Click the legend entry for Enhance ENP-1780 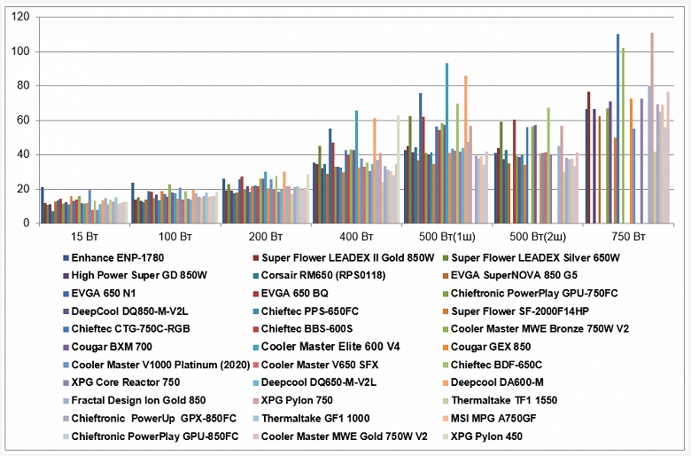click(114, 257)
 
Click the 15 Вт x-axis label click(84, 238)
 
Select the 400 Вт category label click(356, 238)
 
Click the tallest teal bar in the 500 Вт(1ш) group click(446, 143)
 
